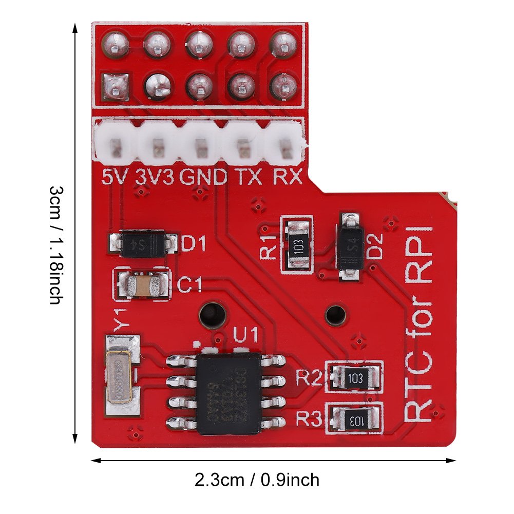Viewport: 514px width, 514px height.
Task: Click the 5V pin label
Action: pos(115,177)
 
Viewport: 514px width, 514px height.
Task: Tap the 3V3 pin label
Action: pos(155,177)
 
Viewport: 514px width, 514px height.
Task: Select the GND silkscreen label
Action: pos(203,177)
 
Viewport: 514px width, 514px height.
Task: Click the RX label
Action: pos(287,177)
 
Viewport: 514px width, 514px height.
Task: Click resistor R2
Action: pos(356,378)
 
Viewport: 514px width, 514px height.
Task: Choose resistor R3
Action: pos(356,420)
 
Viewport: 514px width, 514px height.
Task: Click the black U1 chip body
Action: pos(229,393)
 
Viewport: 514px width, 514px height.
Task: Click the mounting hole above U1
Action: pos(212,314)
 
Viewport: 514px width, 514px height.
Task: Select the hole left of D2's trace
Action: pos(336,314)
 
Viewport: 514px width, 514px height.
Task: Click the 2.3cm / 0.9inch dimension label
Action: pos(257,480)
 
